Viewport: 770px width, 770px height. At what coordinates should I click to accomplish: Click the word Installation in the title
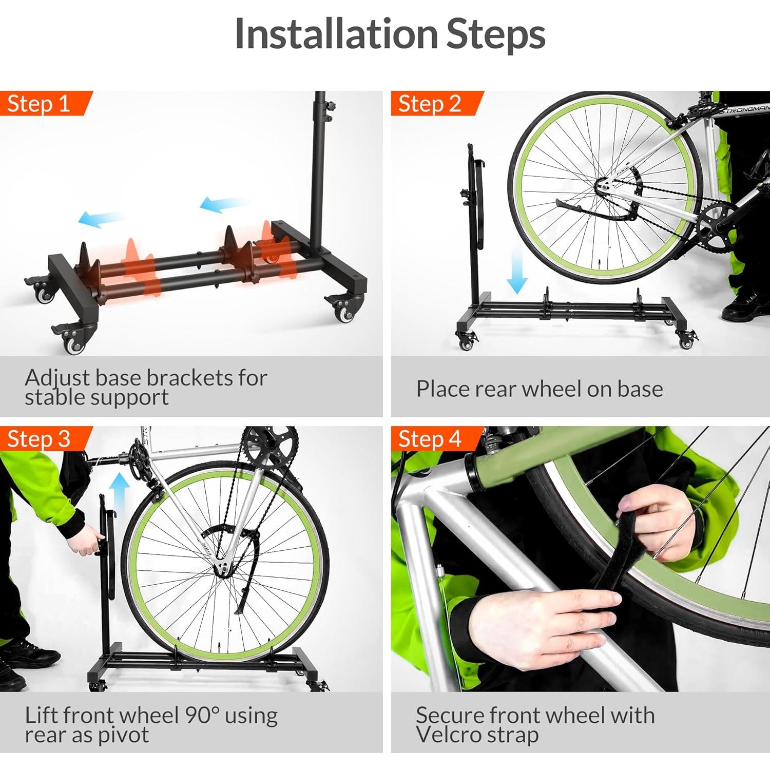[x=336, y=34]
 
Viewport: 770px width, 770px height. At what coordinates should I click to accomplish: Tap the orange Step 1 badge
[x=39, y=104]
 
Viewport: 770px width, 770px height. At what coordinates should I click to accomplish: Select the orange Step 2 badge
[x=430, y=104]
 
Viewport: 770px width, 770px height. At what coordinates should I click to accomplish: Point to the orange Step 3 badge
[x=39, y=439]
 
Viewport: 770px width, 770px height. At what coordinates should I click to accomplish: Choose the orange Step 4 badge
[x=430, y=439]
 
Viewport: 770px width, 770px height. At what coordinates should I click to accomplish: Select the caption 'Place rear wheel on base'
[x=539, y=389]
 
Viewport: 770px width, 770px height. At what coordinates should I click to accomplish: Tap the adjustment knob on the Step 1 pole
[x=333, y=106]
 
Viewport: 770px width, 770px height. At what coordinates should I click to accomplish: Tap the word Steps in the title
[x=495, y=34]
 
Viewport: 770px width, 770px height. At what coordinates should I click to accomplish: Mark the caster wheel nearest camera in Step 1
[x=74, y=341]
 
